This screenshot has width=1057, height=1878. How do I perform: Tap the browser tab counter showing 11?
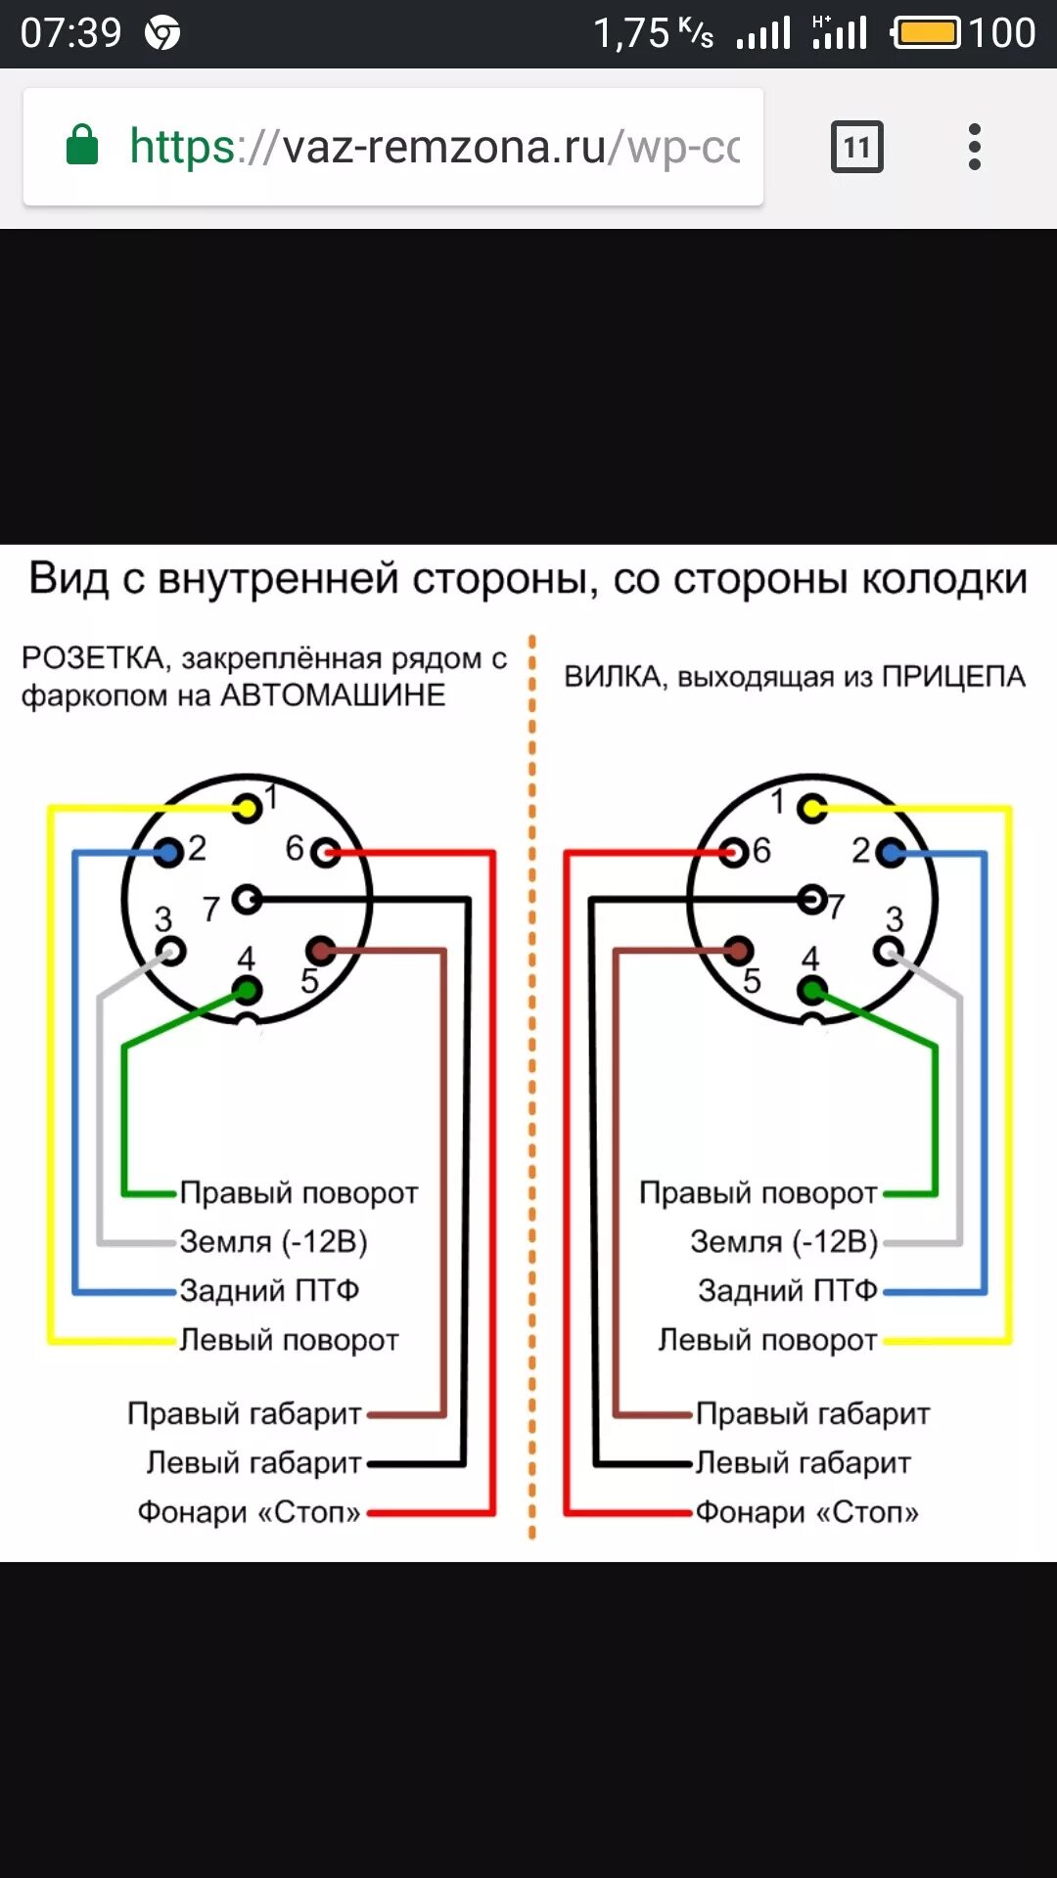[856, 147]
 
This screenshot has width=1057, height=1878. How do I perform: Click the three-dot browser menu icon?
[974, 147]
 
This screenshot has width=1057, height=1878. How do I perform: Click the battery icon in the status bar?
[927, 33]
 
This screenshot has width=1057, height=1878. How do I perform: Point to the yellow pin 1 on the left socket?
[247, 808]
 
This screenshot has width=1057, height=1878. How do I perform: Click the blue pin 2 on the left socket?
[169, 853]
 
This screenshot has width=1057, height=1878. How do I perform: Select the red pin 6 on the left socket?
[325, 853]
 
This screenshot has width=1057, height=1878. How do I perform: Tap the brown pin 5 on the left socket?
[319, 949]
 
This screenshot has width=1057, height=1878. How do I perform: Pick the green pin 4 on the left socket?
[247, 991]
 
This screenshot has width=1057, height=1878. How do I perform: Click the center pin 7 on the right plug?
[811, 899]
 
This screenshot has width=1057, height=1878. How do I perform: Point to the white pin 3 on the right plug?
[889, 950]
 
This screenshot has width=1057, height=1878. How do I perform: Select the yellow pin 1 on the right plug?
[811, 808]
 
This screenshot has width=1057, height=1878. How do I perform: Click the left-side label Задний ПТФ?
[269, 1290]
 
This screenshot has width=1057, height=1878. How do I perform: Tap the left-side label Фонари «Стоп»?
[250, 1512]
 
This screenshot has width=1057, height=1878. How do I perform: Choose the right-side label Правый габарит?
[812, 1413]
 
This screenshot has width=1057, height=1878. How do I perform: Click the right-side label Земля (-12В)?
[783, 1241]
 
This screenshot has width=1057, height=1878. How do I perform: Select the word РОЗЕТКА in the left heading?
[94, 658]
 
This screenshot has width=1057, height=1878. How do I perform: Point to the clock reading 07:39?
[70, 33]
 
